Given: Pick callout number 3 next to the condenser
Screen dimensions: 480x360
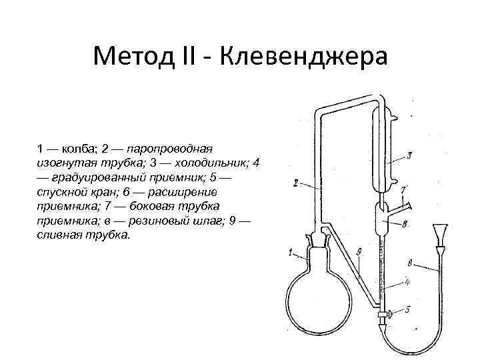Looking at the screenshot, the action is coord(409,155).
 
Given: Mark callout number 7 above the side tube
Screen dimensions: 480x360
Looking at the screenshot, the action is coord(403,189).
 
